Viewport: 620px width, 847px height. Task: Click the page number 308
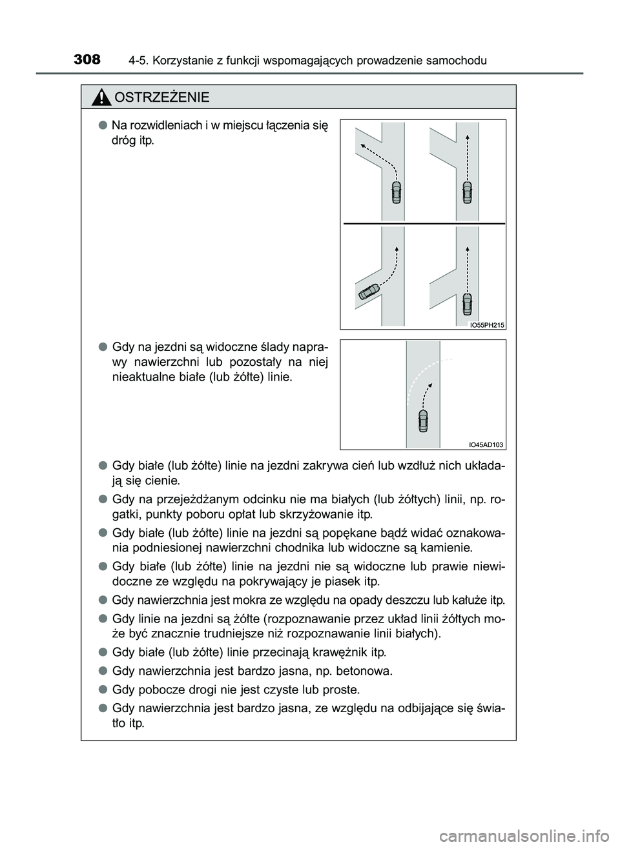(x=87, y=59)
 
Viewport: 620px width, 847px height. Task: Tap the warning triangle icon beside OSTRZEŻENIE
(x=101, y=97)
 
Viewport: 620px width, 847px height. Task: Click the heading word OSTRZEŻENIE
(x=161, y=97)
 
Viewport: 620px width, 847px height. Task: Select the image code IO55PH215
(x=486, y=325)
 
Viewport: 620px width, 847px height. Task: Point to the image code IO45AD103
(x=486, y=444)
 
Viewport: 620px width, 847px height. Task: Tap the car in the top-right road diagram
(x=467, y=192)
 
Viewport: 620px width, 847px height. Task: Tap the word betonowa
(x=367, y=671)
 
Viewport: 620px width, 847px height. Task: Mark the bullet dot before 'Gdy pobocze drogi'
(x=103, y=689)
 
